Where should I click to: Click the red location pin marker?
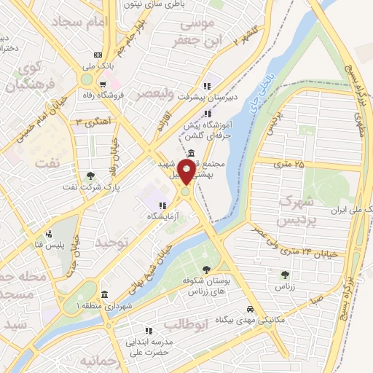[186, 172]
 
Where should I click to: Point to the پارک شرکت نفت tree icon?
[90, 176]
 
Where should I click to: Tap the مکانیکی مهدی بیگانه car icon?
[250, 308]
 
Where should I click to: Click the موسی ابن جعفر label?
[195, 34]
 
